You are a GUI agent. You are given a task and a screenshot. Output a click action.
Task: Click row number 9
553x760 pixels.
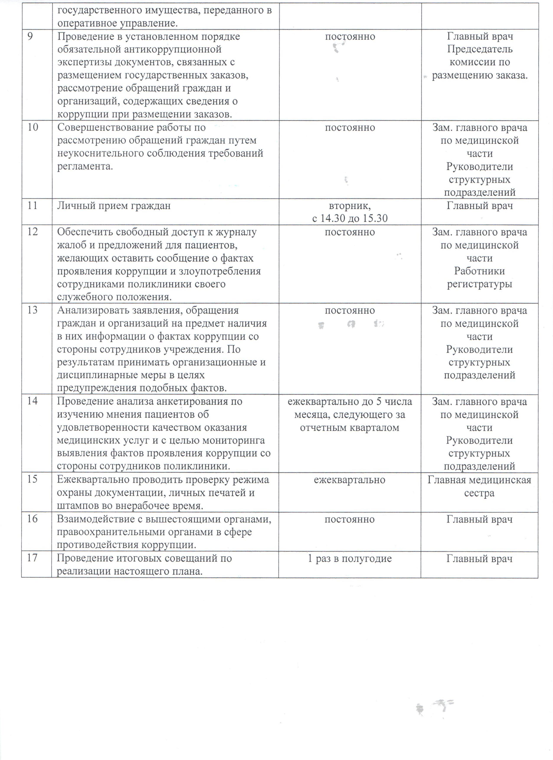[x=30, y=36]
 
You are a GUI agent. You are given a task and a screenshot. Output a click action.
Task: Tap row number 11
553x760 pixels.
[x=33, y=205]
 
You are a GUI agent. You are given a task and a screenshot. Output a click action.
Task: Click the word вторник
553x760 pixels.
[x=350, y=205]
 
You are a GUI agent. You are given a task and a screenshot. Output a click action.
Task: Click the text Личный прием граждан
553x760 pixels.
[x=114, y=205]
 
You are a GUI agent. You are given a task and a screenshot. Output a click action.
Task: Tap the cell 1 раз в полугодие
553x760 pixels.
[x=350, y=559]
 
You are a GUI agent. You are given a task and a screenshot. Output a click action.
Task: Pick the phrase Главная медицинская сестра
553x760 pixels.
[x=479, y=486]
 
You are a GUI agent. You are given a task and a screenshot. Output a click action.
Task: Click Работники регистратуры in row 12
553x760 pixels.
[x=479, y=277]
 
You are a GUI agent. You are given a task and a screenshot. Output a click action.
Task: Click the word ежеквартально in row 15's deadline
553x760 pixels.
[x=350, y=480]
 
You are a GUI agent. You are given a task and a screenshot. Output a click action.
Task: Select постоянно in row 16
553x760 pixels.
[x=350, y=519]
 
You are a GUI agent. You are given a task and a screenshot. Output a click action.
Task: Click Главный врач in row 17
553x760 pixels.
[x=479, y=559]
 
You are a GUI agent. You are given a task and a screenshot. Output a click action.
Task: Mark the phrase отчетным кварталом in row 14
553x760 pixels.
[x=350, y=428]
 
